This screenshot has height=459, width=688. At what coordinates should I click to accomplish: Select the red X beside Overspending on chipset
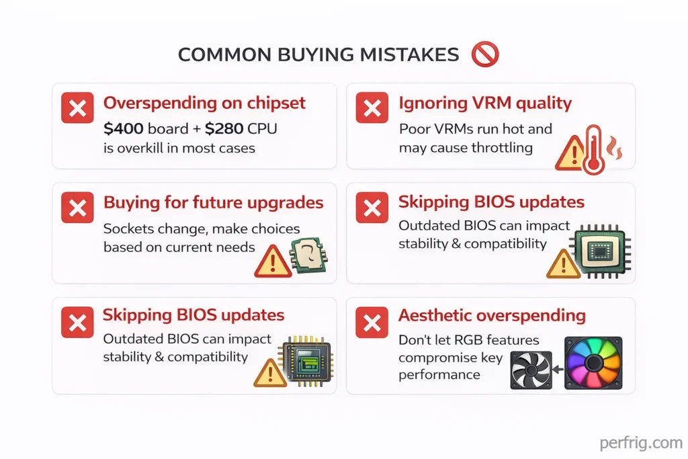77,108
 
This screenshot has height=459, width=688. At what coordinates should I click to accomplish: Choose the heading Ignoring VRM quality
484,103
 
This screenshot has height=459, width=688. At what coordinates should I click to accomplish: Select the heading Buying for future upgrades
213,202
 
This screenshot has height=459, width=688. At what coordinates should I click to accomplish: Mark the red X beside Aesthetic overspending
372,323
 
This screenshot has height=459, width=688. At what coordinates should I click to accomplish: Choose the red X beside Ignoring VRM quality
372,108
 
